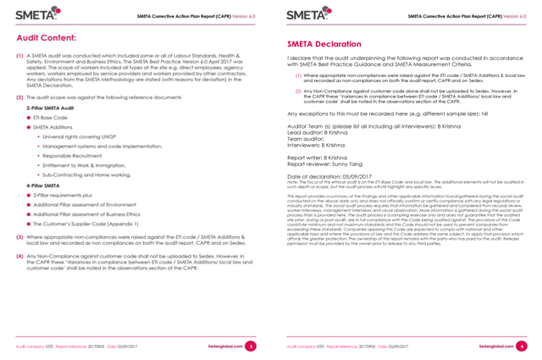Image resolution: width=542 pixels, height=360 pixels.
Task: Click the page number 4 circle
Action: point(522,347)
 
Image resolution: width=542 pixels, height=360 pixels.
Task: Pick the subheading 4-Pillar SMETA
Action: point(47,184)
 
